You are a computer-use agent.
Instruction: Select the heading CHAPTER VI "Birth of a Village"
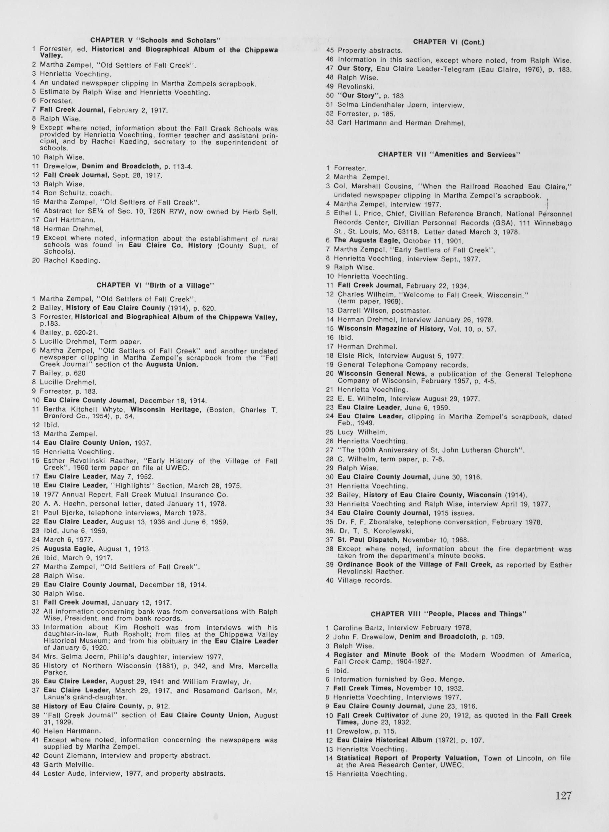(x=155, y=285)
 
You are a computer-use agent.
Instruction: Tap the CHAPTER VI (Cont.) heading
(x=448, y=42)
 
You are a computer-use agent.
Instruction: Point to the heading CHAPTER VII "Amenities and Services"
(x=449, y=155)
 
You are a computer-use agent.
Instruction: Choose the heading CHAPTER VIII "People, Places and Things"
(x=449, y=614)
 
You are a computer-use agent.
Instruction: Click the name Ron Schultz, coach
(x=77, y=193)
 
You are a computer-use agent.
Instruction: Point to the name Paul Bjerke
(x=64, y=513)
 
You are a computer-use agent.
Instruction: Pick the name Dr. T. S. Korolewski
(x=375, y=531)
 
